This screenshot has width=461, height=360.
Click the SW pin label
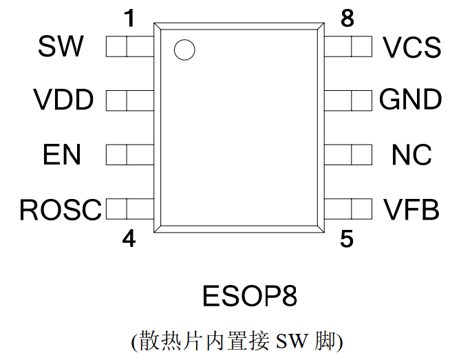(61, 47)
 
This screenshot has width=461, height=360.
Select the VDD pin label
(63, 100)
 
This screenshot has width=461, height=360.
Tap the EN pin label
(62, 155)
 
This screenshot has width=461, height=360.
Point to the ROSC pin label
(61, 209)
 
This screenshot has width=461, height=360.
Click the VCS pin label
(411, 47)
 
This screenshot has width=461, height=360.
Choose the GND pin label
(410, 100)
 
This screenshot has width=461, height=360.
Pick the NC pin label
(411, 155)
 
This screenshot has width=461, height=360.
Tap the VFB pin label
(411, 209)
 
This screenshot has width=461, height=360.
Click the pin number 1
(128, 19)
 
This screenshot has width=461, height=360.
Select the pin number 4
(128, 239)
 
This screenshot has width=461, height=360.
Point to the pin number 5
(347, 239)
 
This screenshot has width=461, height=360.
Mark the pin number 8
(347, 19)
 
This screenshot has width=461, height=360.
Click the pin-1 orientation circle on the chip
(184, 50)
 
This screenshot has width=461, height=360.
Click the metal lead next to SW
(130, 47)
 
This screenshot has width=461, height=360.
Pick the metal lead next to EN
(130, 155)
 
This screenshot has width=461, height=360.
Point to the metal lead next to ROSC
(130, 209)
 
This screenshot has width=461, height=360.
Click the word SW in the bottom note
(292, 341)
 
